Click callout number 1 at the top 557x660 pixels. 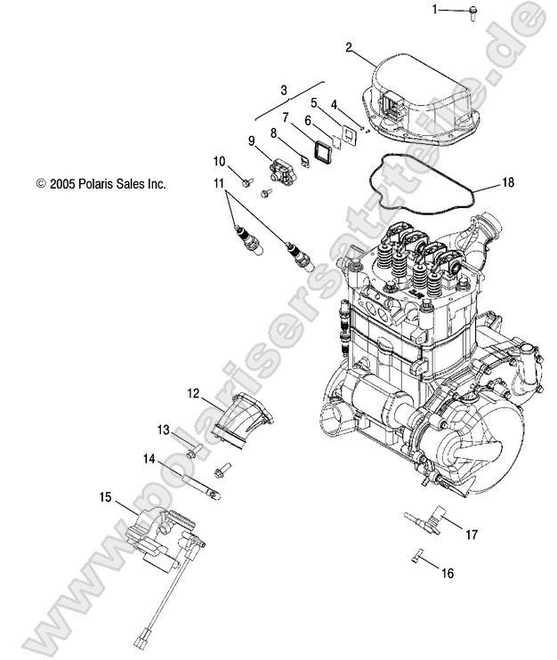(x=436, y=10)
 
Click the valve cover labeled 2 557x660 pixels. (x=418, y=93)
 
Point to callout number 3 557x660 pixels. (x=284, y=90)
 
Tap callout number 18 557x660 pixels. (x=507, y=182)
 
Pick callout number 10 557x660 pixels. (x=219, y=161)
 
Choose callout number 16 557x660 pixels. (x=447, y=574)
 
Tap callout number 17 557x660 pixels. (x=472, y=535)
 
